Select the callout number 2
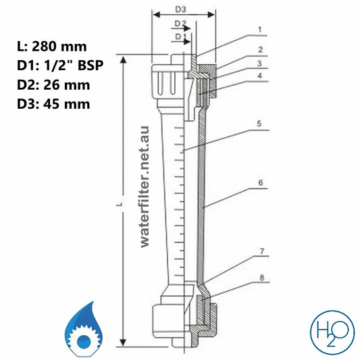coord(259,49)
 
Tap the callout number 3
coord(259,63)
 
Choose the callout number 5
coord(259,124)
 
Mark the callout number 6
coord(259,182)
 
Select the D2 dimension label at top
coord(180,22)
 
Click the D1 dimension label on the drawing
coord(179,35)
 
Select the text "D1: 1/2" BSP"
coord(56,66)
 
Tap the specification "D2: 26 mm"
coord(52,85)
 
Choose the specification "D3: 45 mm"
coord(52,104)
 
